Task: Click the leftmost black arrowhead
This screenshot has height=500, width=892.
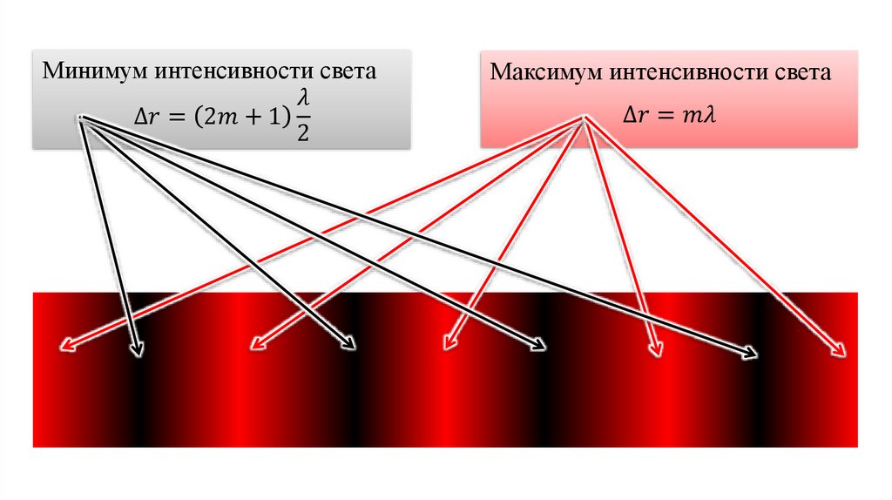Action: point(138,351)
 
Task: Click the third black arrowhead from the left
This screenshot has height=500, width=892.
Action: point(538,348)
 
